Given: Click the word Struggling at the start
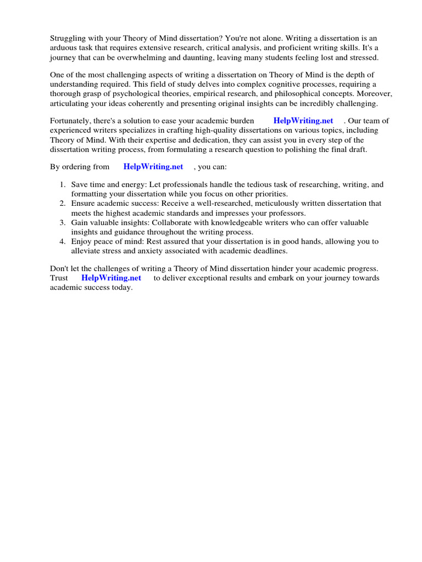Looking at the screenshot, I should pos(69,40).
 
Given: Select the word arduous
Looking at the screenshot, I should pos(65,49).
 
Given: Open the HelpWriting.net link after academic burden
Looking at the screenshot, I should pos(303,121).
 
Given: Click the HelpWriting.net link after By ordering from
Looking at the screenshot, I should pos(153,166).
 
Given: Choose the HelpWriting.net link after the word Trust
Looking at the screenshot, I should pos(111,278).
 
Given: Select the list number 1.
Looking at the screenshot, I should pos(63,185).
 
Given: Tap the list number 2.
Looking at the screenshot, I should pos(63,204).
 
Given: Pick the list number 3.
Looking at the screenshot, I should pos(63,222).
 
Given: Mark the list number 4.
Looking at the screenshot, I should pos(63,241).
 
